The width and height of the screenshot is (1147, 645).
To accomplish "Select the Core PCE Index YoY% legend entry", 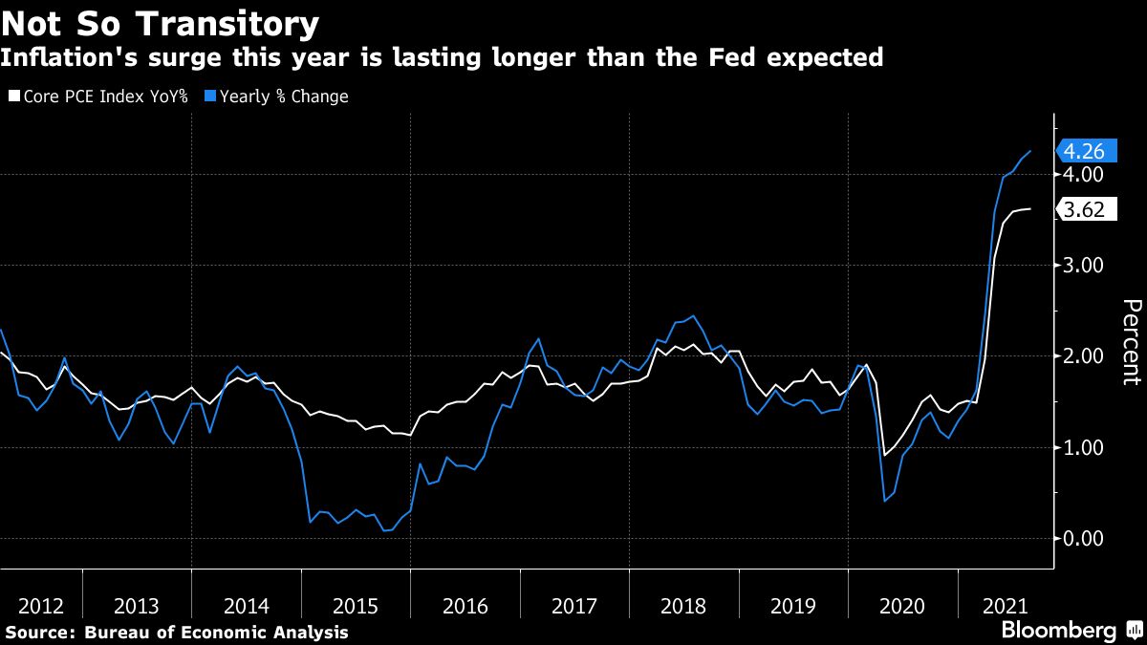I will pos(99,97).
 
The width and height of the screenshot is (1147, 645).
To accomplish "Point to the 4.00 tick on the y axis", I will pos(1083,175).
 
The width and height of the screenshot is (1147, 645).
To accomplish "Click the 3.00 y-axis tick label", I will pos(1083,266).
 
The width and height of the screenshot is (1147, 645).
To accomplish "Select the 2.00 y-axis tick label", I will pos(1083,356).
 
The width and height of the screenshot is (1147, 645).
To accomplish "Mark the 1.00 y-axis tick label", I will pos(1083,447).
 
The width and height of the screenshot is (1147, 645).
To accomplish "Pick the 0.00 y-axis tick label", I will pos(1083,538).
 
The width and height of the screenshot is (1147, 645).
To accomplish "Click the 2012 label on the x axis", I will pos(40,606).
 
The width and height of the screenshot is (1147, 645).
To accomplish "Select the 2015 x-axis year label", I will pos(356,606).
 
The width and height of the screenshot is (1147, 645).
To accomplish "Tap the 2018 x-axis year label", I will pos(682,606).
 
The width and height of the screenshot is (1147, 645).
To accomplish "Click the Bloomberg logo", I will pos(1059,631).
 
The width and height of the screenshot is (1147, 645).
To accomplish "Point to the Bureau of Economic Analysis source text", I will pos(216,633).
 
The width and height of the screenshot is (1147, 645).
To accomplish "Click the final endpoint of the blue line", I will pos(1030,151).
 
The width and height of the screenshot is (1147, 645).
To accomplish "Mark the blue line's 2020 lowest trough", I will pos(885,501).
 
